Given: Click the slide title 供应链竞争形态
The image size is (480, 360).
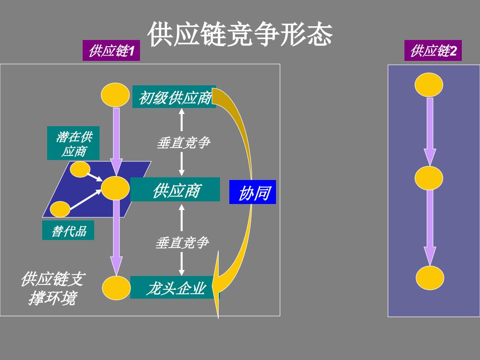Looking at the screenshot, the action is (x=240, y=34).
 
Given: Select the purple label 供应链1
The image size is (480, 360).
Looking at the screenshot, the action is (x=111, y=51).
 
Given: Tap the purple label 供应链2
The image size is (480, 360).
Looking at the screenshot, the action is (x=433, y=51).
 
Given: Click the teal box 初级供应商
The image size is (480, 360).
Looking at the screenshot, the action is (x=174, y=97).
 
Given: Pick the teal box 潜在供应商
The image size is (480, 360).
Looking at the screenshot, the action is (x=73, y=143).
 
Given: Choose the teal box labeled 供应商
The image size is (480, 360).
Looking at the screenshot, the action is (x=175, y=189).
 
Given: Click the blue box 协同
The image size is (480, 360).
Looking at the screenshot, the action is (x=252, y=192).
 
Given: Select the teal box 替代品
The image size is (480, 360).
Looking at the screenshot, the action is (x=68, y=230).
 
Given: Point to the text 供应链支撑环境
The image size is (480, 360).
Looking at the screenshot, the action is (x=52, y=288).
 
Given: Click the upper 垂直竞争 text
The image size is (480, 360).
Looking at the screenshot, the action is (x=183, y=143).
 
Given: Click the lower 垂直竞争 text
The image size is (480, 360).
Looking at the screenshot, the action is (x=182, y=243).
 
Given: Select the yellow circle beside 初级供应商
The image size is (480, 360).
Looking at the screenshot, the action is (x=116, y=95).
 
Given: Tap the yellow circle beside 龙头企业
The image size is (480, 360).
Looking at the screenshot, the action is (x=116, y=288).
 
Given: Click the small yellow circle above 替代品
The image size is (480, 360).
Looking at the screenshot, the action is (x=60, y=209).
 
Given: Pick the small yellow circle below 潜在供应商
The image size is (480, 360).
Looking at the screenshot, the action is (x=80, y=170).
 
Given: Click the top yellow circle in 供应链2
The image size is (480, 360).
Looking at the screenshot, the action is (x=429, y=85).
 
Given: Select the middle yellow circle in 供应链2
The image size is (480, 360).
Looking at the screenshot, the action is (x=429, y=178).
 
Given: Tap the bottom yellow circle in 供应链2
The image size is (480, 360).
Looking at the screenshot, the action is (x=430, y=278).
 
